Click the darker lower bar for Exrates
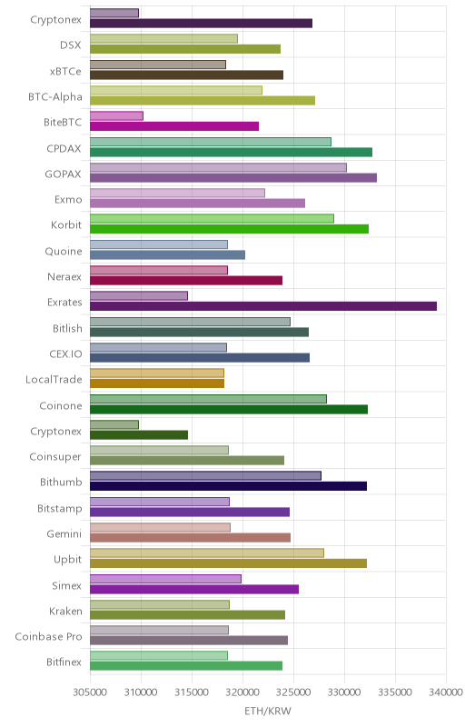pos(263,306)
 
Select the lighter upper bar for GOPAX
pos(218,167)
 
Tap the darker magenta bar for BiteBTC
pos(174,126)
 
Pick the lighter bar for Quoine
pos(159,244)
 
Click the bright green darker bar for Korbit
pos(229,229)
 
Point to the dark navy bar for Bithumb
pos(228,486)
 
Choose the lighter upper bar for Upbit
pos(207,553)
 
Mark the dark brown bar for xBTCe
pos(187,75)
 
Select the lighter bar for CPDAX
pos(211,142)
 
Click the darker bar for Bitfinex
pos(186,666)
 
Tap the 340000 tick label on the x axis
pos(446,692)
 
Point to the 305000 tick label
pos(90,692)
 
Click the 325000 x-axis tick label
pos(293,692)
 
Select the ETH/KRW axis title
pos(268,711)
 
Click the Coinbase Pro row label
pos(48,637)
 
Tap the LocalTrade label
pos(54,379)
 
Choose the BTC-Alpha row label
pos(55,97)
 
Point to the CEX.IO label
pos(65,354)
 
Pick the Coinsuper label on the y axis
pos(55,457)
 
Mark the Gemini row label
pos(64,533)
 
